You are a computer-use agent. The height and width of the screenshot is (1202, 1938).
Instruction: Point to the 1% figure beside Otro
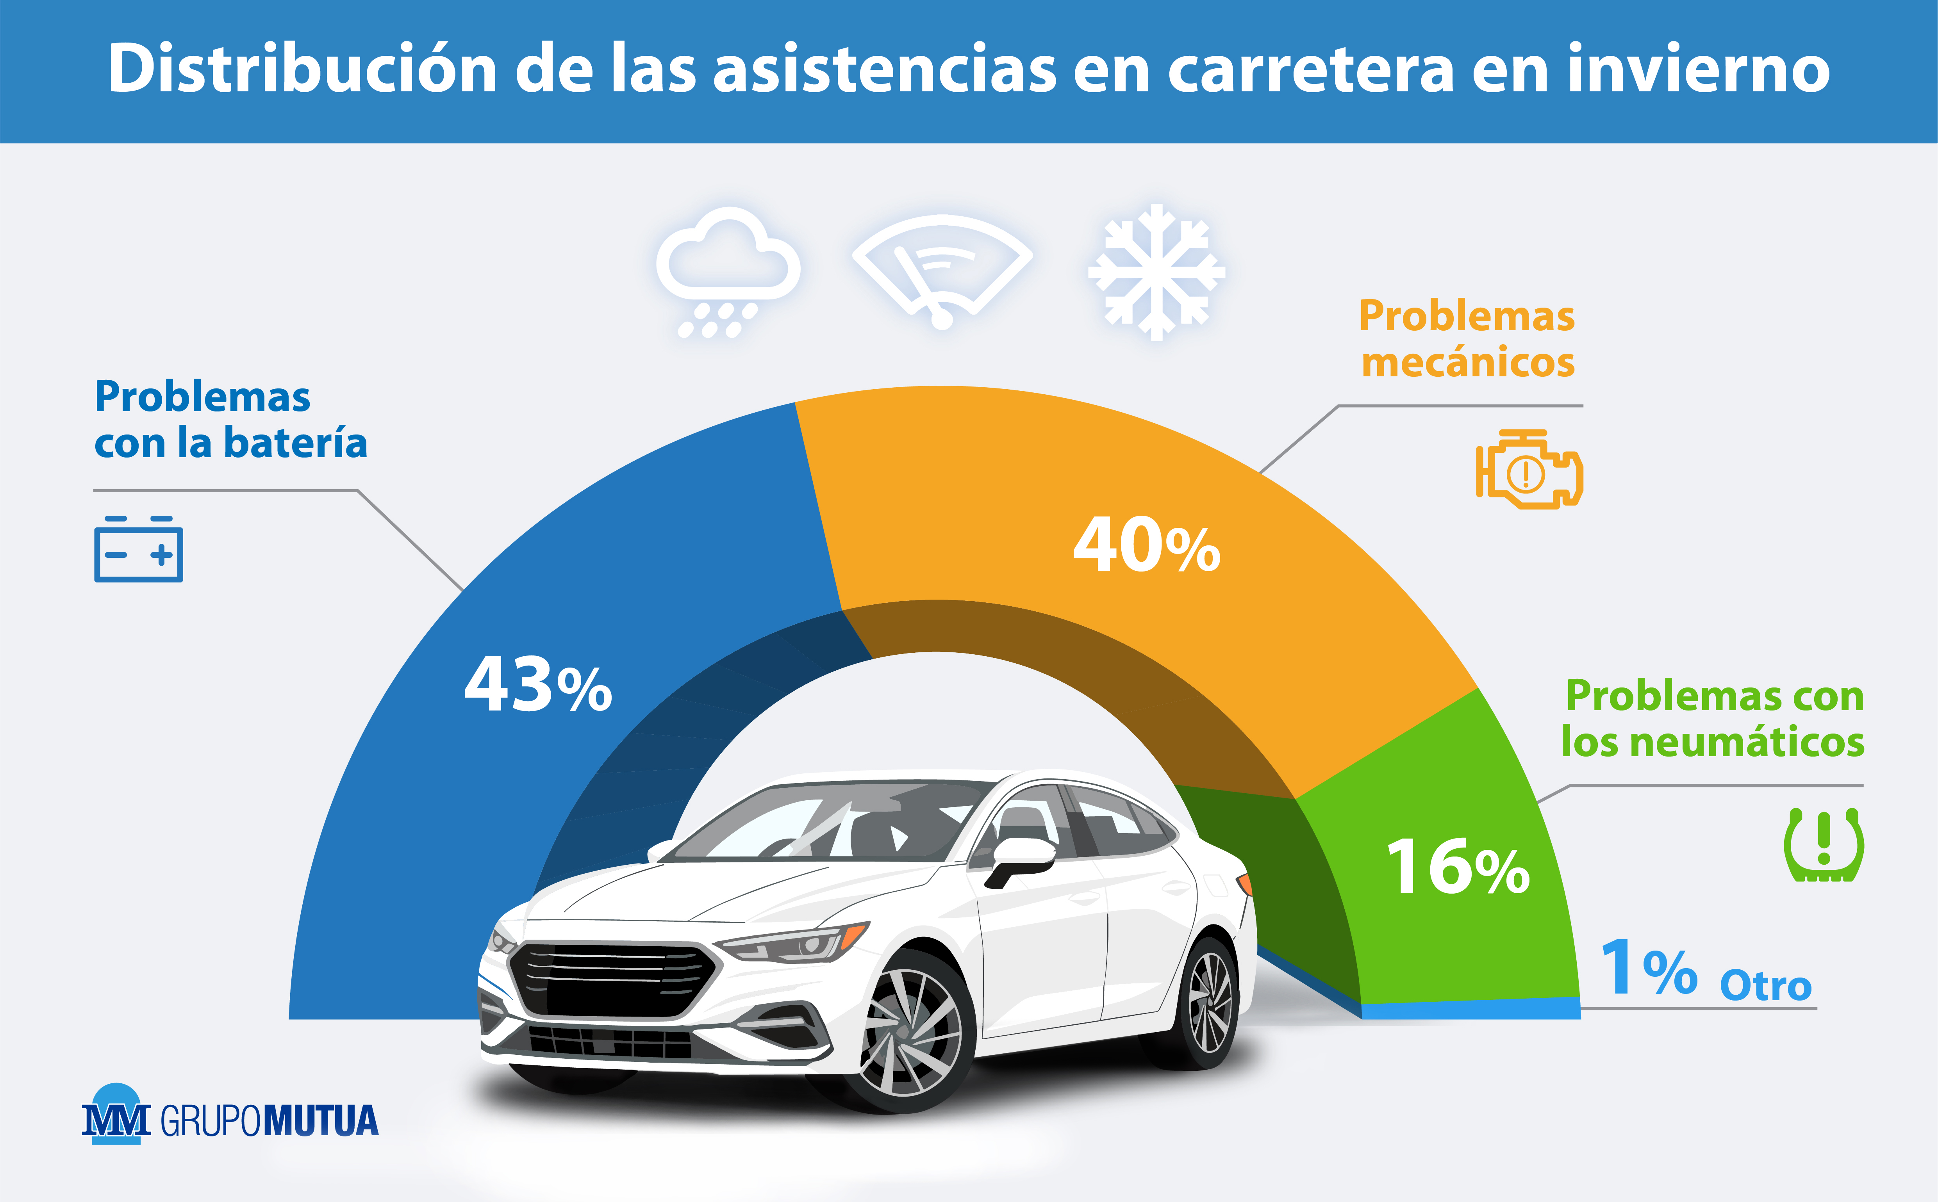[1648, 968]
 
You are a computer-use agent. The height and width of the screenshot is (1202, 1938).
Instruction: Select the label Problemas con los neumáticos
[1713, 719]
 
